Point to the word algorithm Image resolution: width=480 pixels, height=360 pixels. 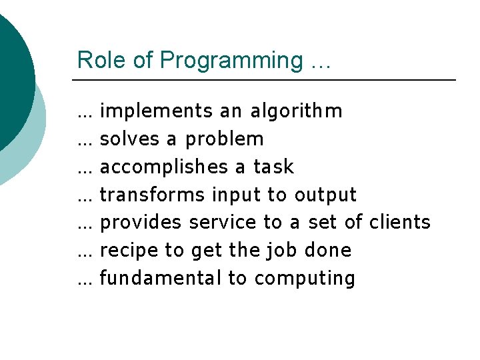click(x=296, y=111)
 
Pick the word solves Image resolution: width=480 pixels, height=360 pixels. click(x=130, y=139)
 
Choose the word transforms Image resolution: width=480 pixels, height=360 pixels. click(x=153, y=195)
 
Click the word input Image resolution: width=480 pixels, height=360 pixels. click(x=236, y=195)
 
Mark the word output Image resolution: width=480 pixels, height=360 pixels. click(x=325, y=195)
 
